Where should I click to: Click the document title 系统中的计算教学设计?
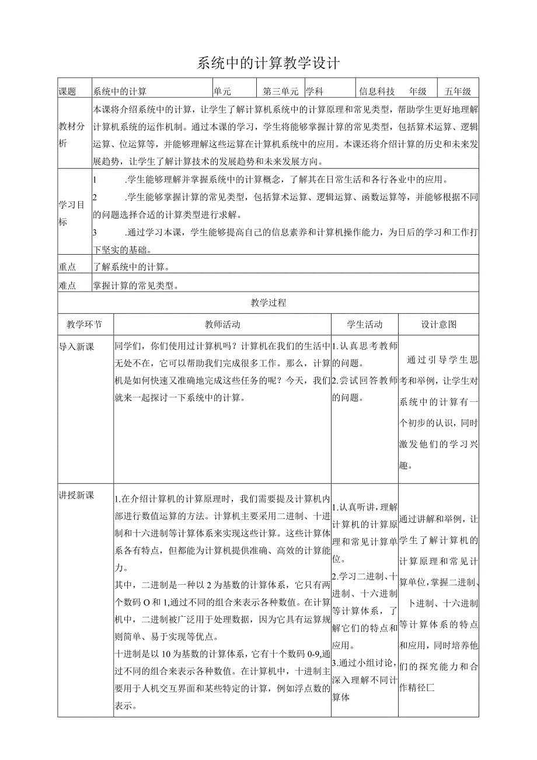click(x=268, y=63)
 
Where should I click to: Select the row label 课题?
click(x=68, y=91)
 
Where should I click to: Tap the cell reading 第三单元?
click(x=281, y=91)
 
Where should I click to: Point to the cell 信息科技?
click(x=377, y=91)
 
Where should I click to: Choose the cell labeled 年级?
click(x=418, y=91)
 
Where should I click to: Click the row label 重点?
click(x=68, y=267)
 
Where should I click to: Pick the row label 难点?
click(x=68, y=286)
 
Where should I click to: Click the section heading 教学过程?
click(x=268, y=303)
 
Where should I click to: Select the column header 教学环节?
click(x=85, y=324)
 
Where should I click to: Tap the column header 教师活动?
click(x=222, y=324)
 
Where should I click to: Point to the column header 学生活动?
click(x=365, y=324)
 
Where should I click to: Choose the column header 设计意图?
click(x=439, y=324)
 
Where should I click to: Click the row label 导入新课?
click(x=76, y=346)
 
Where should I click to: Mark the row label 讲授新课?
click(x=76, y=495)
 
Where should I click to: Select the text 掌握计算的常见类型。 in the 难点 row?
click(x=136, y=286)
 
